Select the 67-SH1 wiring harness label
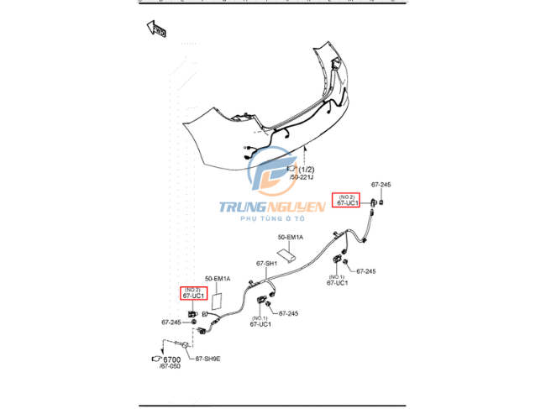pyautogui.click(x=266, y=264)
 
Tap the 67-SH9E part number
pyautogui.click(x=208, y=359)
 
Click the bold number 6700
pyautogui.click(x=172, y=360)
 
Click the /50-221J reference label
pyautogui.click(x=301, y=178)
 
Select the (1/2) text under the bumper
pyautogui.click(x=306, y=170)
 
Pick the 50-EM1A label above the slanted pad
pyautogui.click(x=289, y=239)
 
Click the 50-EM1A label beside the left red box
pyautogui.click(x=217, y=279)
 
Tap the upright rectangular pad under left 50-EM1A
pyautogui.click(x=216, y=298)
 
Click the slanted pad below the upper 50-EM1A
pyautogui.click(x=286, y=252)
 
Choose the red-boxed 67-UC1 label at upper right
pyautogui.click(x=347, y=200)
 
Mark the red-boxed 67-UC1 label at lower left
pyautogui.click(x=192, y=294)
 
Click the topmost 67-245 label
pyautogui.click(x=381, y=185)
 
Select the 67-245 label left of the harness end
pyautogui.click(x=171, y=322)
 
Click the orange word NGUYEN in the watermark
pyautogui.click(x=299, y=207)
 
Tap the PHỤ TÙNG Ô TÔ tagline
pyautogui.click(x=271, y=218)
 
